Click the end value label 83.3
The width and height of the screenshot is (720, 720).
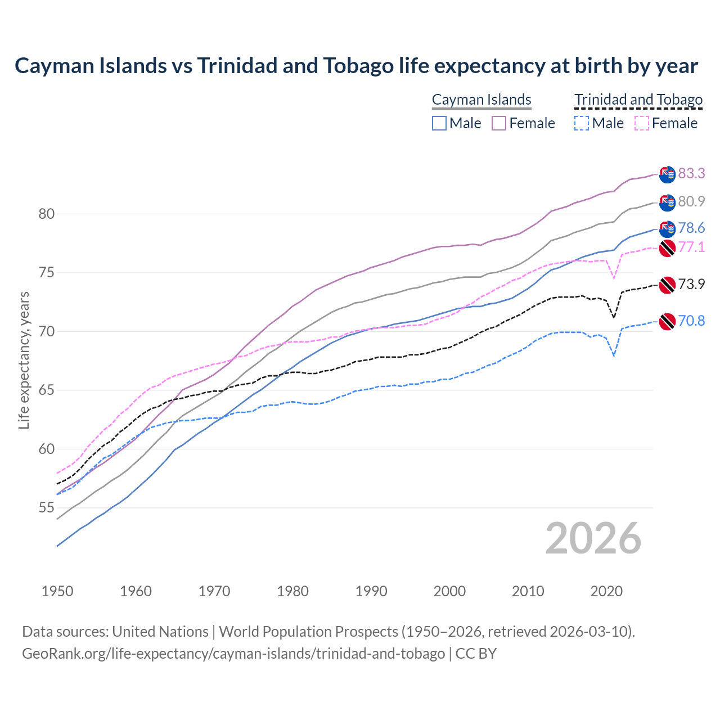tap(691, 173)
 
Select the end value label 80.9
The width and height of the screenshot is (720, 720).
tap(691, 201)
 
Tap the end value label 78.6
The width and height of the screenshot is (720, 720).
tap(691, 228)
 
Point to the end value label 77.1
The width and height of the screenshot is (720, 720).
tap(691, 247)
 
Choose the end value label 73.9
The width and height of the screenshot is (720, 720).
tap(691, 284)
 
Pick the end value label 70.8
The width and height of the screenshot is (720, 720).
tap(691, 321)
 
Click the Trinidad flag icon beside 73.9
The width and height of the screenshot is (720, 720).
tap(667, 285)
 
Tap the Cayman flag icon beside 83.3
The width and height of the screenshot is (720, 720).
tap(667, 174)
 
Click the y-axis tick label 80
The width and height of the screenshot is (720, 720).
tap(47, 214)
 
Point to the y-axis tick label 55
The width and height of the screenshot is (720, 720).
tap(47, 508)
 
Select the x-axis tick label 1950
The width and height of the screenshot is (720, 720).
tap(57, 591)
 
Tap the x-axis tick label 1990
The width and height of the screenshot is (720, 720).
tap(371, 591)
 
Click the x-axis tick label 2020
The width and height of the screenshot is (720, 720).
tap(606, 591)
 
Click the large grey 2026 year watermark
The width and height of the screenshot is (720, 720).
tap(593, 538)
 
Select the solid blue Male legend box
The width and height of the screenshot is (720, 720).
tap(439, 123)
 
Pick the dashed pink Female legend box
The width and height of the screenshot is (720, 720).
tap(642, 123)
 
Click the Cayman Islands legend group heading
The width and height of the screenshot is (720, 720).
tap(481, 100)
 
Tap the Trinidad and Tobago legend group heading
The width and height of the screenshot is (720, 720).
tap(638, 100)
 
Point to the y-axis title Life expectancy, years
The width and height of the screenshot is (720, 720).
tap(24, 360)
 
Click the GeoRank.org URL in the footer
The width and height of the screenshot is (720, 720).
tap(233, 654)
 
